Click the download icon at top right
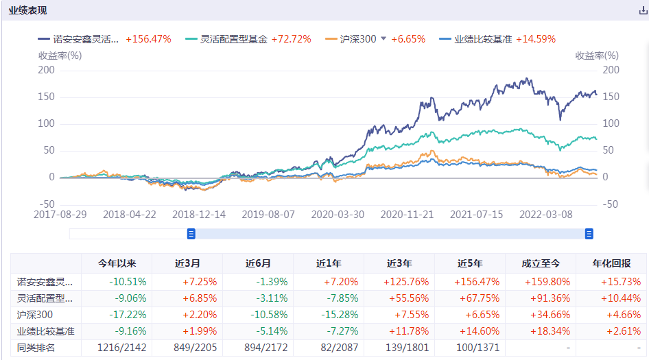643,11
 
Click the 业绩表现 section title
28,11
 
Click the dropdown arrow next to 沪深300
383,39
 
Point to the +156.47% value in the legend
148,39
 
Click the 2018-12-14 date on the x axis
199,214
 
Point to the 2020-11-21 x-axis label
408,214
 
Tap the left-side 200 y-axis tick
47,70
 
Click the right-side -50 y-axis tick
610,204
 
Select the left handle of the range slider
191,234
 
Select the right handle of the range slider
589,234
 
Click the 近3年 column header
399,263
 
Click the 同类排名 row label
36,348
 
